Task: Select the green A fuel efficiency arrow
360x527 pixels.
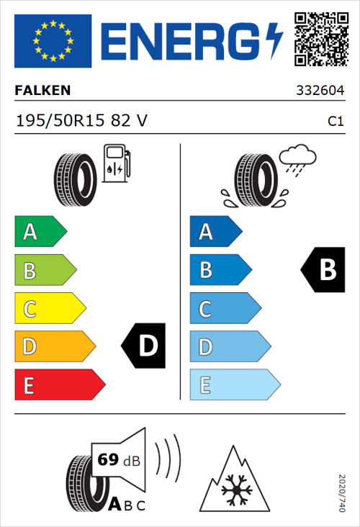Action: tap(39, 232)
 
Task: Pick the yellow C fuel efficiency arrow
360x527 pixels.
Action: tap(48, 309)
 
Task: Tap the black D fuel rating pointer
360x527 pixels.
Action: tap(144, 346)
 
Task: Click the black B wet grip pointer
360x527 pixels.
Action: tap(323, 270)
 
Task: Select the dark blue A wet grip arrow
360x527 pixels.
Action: tap(214, 232)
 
